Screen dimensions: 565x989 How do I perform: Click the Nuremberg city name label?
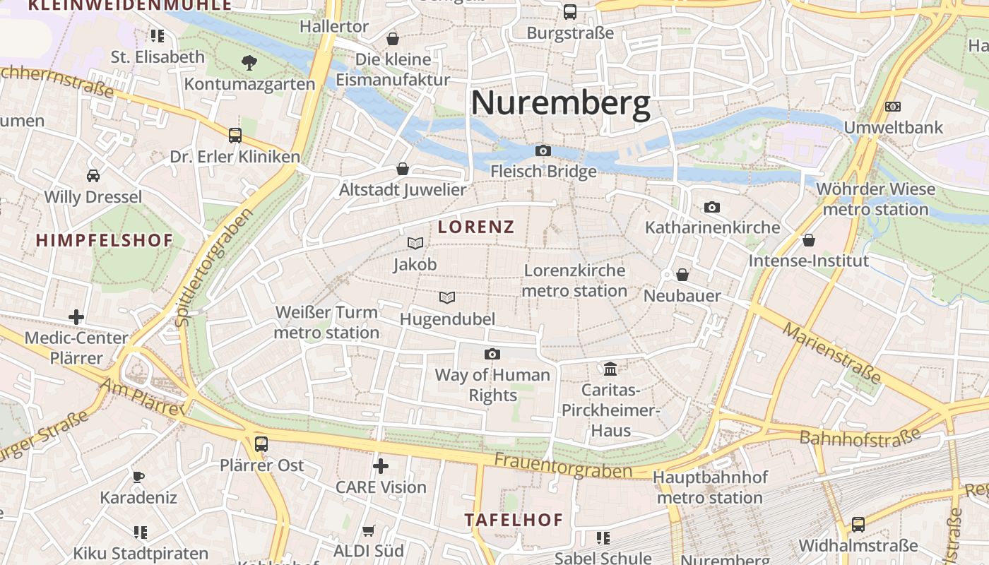(x=560, y=103)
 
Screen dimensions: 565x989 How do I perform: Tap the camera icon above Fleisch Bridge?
(x=543, y=150)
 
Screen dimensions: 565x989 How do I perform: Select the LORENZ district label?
(x=476, y=227)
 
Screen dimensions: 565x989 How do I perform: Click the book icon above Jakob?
(x=415, y=243)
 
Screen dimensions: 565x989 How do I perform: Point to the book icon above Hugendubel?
(x=447, y=297)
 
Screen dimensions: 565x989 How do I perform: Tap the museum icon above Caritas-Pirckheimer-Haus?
(x=610, y=368)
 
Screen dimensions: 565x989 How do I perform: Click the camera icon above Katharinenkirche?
(x=712, y=207)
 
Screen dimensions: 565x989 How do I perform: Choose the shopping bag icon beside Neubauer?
(x=682, y=274)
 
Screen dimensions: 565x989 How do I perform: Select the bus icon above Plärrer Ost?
(x=261, y=444)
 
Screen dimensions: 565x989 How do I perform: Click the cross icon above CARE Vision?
(x=381, y=465)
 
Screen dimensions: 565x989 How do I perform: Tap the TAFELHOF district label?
(x=514, y=521)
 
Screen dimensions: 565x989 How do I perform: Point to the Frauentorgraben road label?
(x=562, y=466)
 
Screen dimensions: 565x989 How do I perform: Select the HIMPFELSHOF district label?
(x=105, y=240)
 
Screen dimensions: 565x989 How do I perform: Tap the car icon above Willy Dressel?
(x=93, y=175)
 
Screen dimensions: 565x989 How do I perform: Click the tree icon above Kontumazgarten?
(x=249, y=63)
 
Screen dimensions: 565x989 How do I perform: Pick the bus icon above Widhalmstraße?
(x=858, y=524)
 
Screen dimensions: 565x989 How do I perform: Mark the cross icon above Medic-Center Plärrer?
(x=76, y=317)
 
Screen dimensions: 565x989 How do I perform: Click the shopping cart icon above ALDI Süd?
(x=368, y=530)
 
